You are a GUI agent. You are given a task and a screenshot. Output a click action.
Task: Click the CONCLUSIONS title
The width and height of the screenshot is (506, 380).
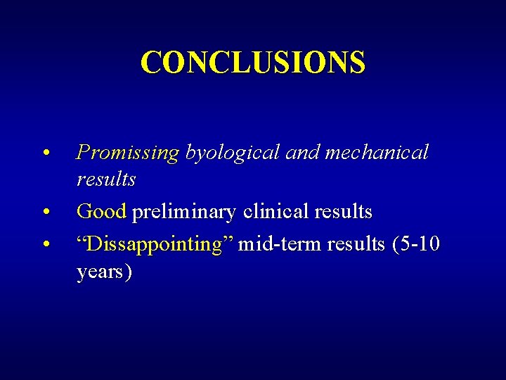coord(253,62)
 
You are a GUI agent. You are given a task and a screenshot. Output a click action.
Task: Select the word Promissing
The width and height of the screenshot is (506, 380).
coord(128,153)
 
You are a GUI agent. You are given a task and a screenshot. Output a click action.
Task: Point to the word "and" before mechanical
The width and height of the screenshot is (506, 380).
coord(301,153)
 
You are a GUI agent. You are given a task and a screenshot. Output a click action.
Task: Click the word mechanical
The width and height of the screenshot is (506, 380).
coord(376,153)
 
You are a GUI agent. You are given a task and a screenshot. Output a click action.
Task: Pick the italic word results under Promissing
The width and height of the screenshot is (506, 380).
coord(106,179)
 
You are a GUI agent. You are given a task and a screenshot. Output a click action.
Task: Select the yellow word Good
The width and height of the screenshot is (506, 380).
coord(101,211)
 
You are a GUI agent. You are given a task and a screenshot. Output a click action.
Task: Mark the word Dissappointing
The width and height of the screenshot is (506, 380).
coord(153,244)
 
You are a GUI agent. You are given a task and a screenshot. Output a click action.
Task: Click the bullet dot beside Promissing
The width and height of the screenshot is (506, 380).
coord(45,153)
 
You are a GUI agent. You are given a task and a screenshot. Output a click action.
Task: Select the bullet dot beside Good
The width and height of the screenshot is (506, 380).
coord(45,212)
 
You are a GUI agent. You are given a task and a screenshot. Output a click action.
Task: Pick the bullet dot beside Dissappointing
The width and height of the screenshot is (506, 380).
coord(45,244)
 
